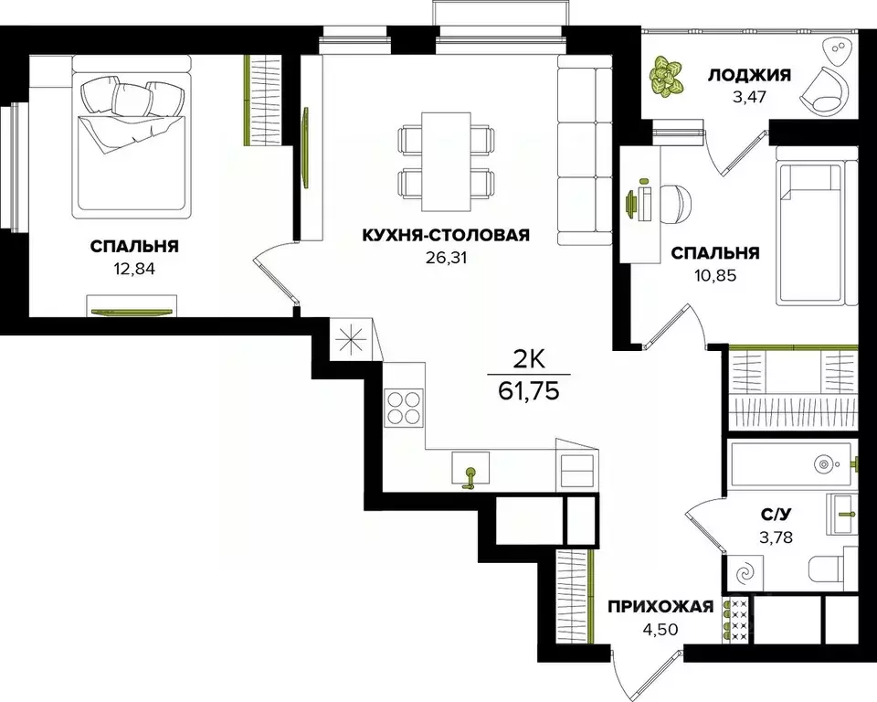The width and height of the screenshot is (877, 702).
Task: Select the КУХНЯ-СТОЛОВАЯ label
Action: pos(446,235)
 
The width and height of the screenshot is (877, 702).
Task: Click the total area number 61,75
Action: pos(529,392)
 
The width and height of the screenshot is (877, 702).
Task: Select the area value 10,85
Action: pos(715,274)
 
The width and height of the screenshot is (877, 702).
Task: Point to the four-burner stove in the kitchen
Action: pos(404,407)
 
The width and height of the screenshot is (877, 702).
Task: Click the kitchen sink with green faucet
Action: pos(471,474)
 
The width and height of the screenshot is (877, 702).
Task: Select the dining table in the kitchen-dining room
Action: pos(448,160)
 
